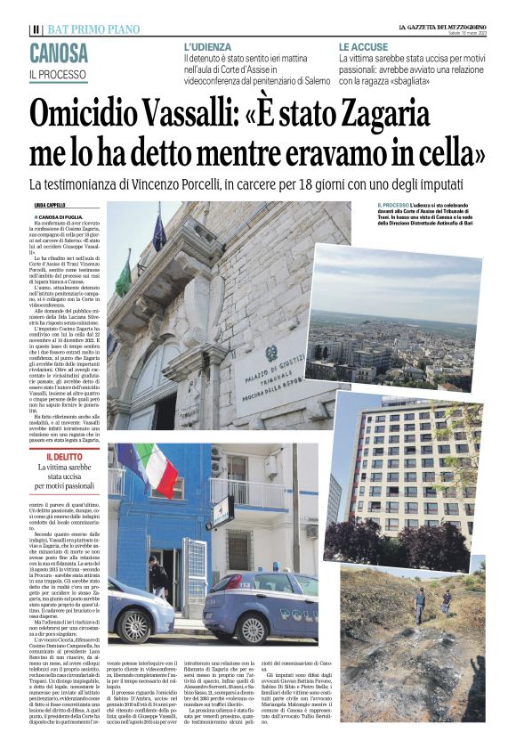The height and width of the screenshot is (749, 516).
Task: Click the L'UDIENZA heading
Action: (207, 46)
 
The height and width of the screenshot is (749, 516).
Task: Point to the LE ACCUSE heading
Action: (363, 46)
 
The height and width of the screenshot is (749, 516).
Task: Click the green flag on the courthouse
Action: (124, 278)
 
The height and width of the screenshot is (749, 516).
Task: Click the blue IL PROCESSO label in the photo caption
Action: (395, 205)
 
